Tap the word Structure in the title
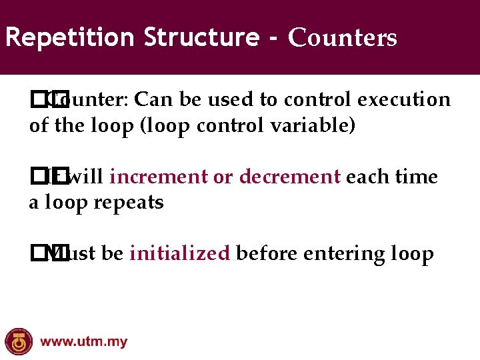coord(201,37)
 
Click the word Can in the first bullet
coord(153,100)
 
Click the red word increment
coord(159,177)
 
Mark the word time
coord(417,177)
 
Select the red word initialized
coord(180,255)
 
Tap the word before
coord(265,254)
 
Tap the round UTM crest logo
coord(18,342)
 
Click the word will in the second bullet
coord(86,177)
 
